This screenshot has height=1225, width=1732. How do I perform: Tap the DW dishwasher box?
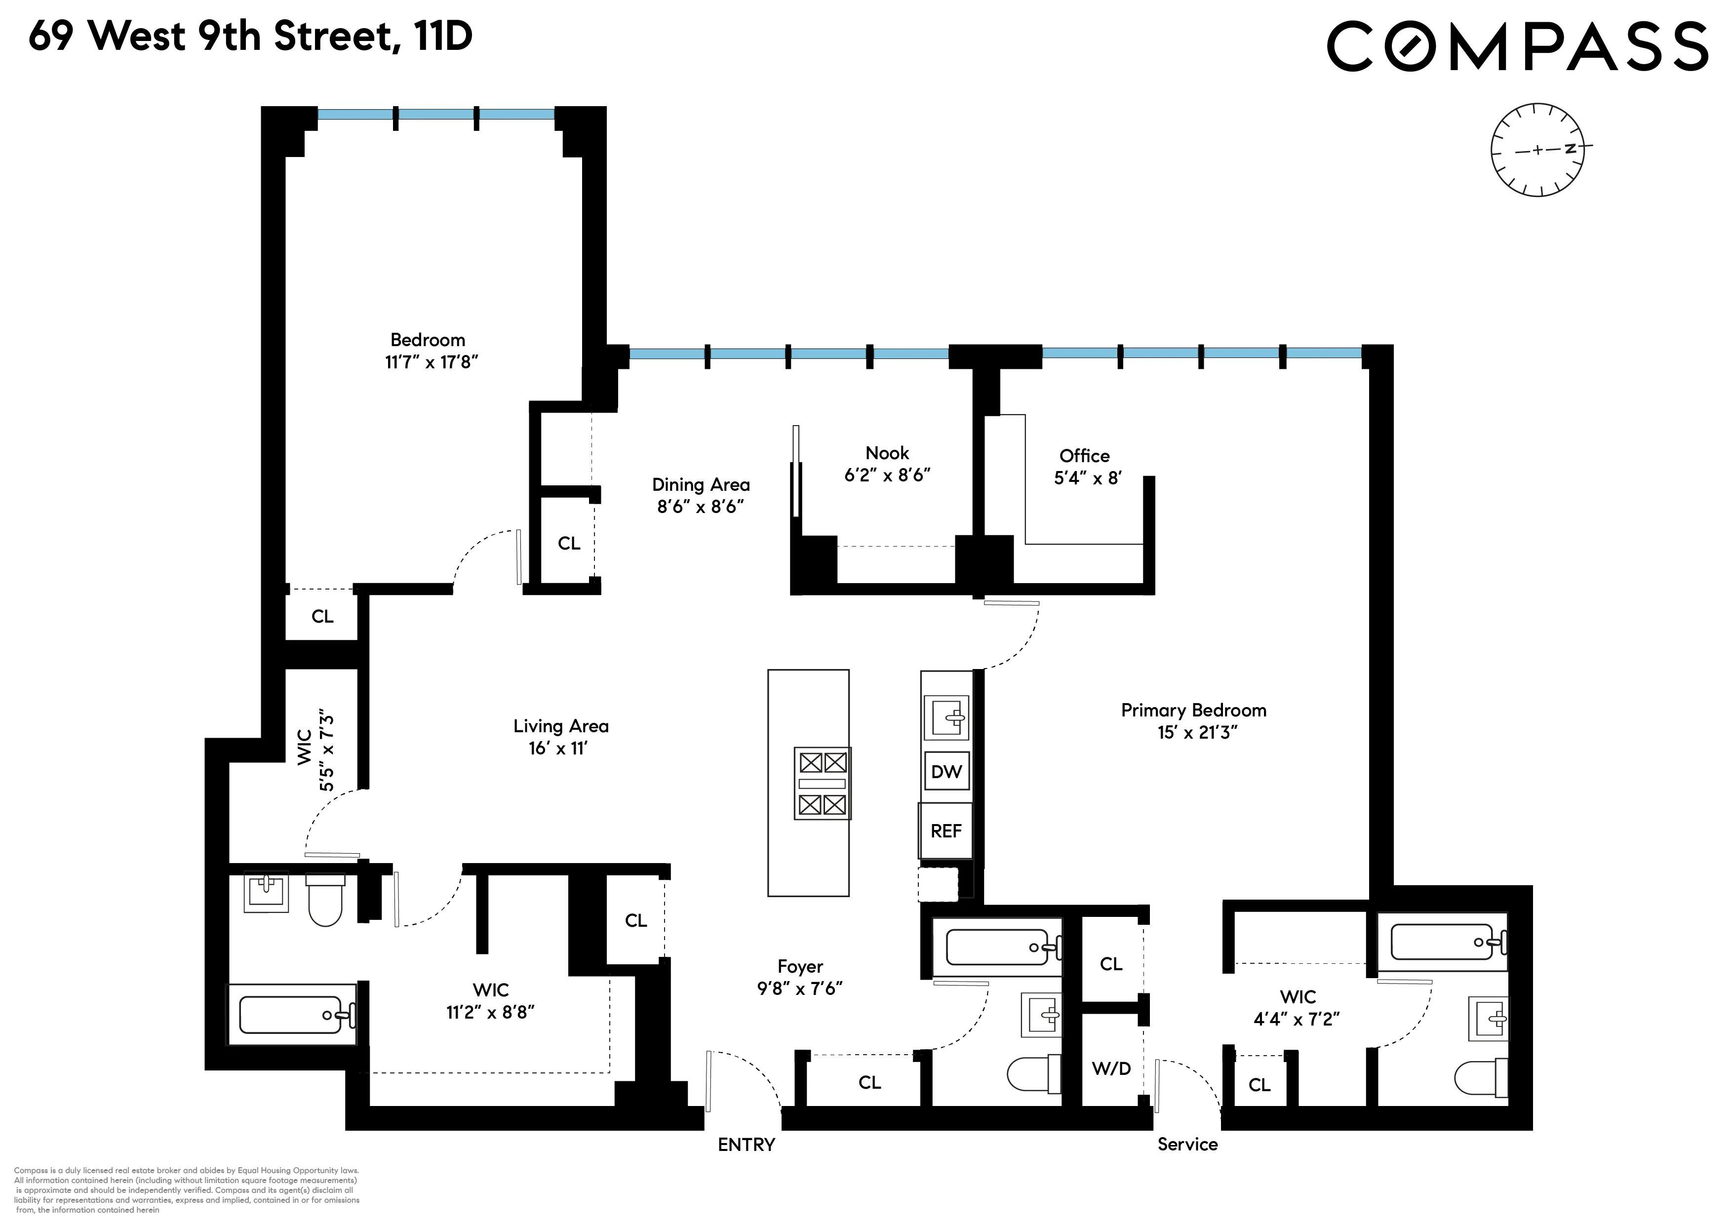click(946, 771)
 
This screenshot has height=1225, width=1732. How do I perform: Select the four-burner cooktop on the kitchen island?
click(822, 783)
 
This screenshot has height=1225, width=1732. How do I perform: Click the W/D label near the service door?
click(1111, 1068)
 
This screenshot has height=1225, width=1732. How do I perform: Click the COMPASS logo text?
click(1517, 47)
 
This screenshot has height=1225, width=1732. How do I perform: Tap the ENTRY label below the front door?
click(746, 1145)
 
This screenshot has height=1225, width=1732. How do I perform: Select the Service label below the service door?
click(1187, 1144)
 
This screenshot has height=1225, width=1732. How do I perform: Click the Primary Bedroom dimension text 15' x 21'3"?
click(1197, 732)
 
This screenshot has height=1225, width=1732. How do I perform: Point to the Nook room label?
click(887, 453)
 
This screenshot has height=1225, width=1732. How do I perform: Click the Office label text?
click(1084, 456)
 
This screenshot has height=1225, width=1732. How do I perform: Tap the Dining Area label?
click(701, 484)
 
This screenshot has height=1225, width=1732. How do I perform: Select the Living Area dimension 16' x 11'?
click(558, 748)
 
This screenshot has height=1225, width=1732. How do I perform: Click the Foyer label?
click(800, 966)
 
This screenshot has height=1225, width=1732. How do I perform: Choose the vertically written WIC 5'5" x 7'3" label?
click(316, 749)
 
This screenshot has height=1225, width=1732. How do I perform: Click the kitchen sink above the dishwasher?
click(946, 716)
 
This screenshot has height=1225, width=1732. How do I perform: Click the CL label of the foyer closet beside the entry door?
click(869, 1082)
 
